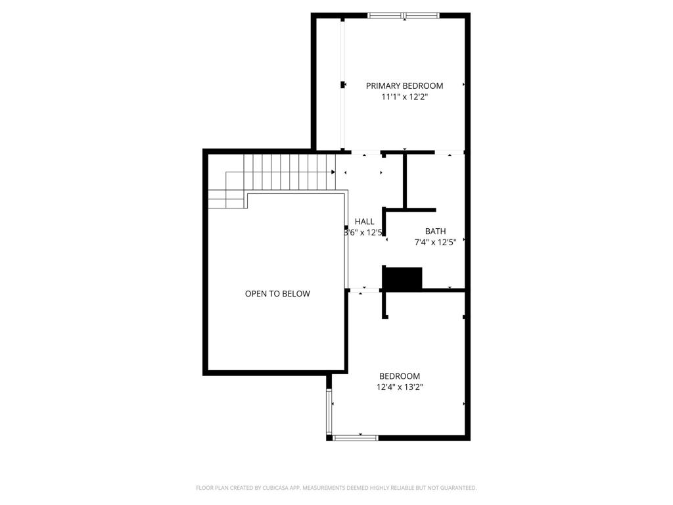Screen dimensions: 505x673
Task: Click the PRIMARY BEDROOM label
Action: tap(404, 85)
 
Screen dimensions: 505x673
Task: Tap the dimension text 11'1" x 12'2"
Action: tap(404, 97)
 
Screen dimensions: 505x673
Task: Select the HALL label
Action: tap(364, 222)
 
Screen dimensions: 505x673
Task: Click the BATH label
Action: tap(435, 231)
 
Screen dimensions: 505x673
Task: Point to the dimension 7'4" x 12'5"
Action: tap(435, 242)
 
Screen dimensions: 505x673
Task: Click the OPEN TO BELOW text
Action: tap(277, 294)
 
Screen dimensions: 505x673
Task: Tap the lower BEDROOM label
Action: tap(399, 376)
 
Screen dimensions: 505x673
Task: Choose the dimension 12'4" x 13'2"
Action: tap(399, 387)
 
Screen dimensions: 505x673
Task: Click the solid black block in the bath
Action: tap(402, 278)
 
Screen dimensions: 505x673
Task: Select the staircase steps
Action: tap(289, 172)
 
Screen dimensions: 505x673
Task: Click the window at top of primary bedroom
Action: tap(404, 15)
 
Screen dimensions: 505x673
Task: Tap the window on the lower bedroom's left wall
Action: tap(329, 410)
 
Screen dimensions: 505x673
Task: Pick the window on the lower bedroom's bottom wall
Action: tap(356, 437)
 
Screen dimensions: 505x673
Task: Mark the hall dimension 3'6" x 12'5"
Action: tap(363, 232)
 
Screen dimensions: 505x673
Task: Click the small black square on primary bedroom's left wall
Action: tap(342, 85)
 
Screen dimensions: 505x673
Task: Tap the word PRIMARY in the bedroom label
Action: tap(382, 85)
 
